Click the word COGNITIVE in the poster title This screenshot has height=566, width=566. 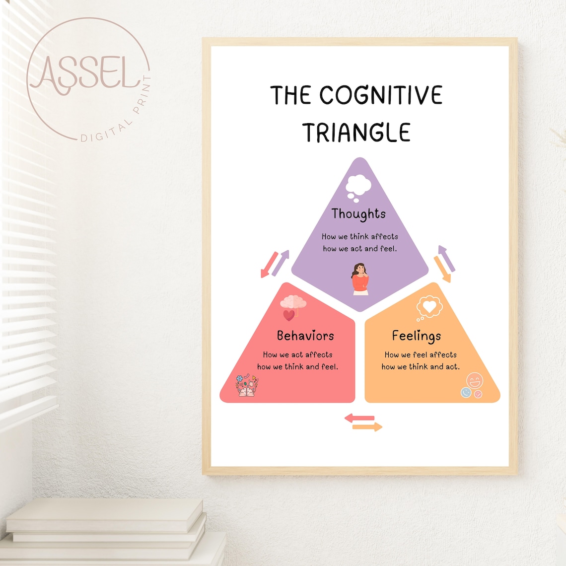380,95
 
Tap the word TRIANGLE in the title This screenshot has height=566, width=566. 356,133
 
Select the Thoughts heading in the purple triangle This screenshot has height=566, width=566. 358,213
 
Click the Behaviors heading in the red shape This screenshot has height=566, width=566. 305,336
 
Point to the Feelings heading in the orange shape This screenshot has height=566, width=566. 416,336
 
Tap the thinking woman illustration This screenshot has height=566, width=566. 360,279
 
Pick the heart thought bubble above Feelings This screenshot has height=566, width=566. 428,307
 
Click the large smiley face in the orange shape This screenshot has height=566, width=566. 474,381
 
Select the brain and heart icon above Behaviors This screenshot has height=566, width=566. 293,307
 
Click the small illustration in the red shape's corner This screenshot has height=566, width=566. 247,386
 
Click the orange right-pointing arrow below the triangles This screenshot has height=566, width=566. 367,426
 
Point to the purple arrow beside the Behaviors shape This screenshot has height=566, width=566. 281,263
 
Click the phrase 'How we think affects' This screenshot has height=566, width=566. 359,237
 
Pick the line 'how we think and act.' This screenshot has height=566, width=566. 420,367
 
